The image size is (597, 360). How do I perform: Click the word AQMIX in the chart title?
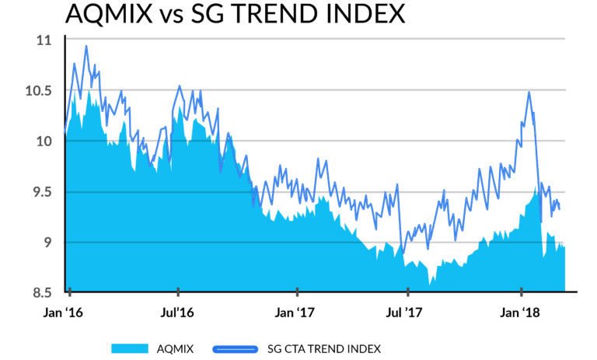pos(110,14)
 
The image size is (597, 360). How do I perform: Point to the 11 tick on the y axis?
pos(43,40)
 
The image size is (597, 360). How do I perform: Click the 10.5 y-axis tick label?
pos(38,90)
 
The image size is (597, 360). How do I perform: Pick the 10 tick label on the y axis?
pos(43,141)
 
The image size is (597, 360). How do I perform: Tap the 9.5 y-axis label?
pos(40,192)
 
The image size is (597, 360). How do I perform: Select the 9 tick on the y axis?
pos(46,243)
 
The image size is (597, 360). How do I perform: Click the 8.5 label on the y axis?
pos(40,293)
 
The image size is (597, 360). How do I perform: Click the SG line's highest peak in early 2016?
pos(86,46)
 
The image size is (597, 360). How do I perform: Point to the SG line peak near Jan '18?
pos(529,93)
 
